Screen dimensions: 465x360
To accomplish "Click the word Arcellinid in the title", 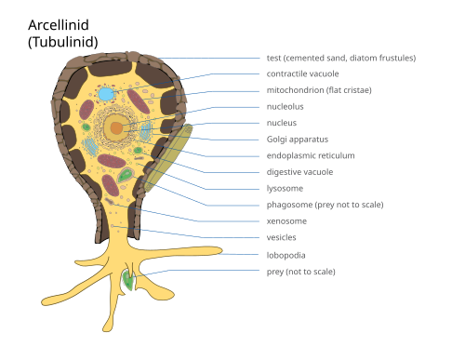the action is [59, 25].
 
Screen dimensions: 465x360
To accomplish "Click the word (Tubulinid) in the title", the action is [63, 42].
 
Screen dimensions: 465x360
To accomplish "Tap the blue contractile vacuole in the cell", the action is [106, 94].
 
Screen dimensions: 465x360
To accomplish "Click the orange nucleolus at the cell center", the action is [117, 127].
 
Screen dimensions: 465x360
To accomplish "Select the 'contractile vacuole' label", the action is [302, 73].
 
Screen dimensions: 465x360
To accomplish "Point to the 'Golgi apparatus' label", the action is [298, 140].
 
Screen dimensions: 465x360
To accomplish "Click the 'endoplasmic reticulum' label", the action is [311, 155].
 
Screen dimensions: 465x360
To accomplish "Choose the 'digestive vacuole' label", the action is [299, 172].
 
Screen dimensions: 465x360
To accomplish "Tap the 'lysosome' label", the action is [285, 189].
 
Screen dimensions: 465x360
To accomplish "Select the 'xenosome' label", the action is [286, 221].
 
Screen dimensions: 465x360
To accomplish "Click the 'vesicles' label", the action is [282, 237].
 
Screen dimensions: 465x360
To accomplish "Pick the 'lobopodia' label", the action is [286, 255].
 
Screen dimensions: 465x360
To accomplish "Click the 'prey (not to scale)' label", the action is [301, 272].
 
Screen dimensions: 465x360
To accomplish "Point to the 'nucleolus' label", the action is [286, 107].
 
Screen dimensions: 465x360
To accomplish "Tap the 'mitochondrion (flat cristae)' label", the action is [319, 90].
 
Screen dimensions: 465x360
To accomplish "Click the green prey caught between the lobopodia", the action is [128, 280].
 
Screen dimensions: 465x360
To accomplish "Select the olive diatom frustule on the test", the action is [168, 158].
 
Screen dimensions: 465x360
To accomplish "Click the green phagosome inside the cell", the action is [126, 176].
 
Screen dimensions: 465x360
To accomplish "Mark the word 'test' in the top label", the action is [273, 58].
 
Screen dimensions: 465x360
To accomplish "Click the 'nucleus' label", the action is [282, 123].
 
